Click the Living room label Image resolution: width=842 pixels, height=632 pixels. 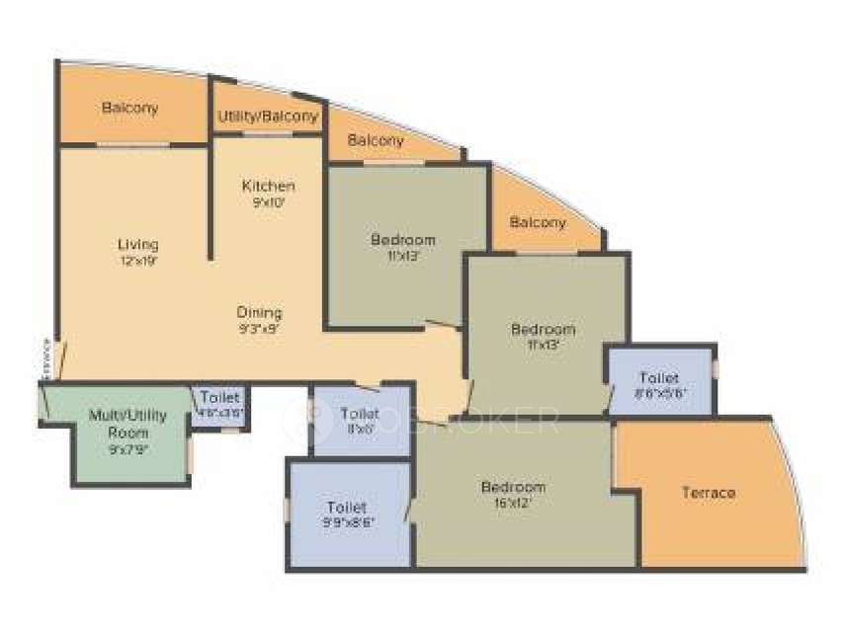point(138,244)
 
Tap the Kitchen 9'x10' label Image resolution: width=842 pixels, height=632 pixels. point(268,186)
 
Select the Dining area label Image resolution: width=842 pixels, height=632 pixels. point(259,313)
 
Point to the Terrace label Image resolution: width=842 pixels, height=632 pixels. point(709,492)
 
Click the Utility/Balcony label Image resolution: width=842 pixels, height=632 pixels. point(268,116)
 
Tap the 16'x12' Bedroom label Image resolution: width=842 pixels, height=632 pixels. point(513,487)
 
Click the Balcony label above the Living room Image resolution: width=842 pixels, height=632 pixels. point(129,108)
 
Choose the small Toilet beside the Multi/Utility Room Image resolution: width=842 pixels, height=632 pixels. point(220,397)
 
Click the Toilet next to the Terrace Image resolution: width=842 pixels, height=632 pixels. point(659,378)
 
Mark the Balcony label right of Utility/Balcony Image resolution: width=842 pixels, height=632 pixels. point(376,140)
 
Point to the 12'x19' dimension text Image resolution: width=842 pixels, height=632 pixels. point(138,262)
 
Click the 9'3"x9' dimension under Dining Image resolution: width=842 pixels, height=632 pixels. point(259,331)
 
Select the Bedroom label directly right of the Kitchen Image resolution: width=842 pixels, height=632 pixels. point(403,240)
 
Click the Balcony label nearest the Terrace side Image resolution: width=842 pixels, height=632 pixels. point(539,222)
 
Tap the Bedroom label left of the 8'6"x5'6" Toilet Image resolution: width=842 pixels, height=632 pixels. point(543,329)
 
